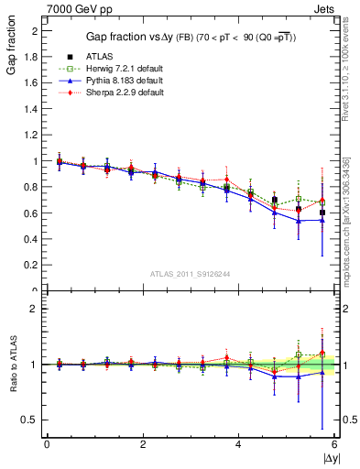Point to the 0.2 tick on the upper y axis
coord(32,266)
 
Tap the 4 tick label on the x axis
coord(238,445)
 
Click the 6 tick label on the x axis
coord(334,445)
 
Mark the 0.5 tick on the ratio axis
coord(32,420)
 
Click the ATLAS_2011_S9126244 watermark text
coord(190,273)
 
